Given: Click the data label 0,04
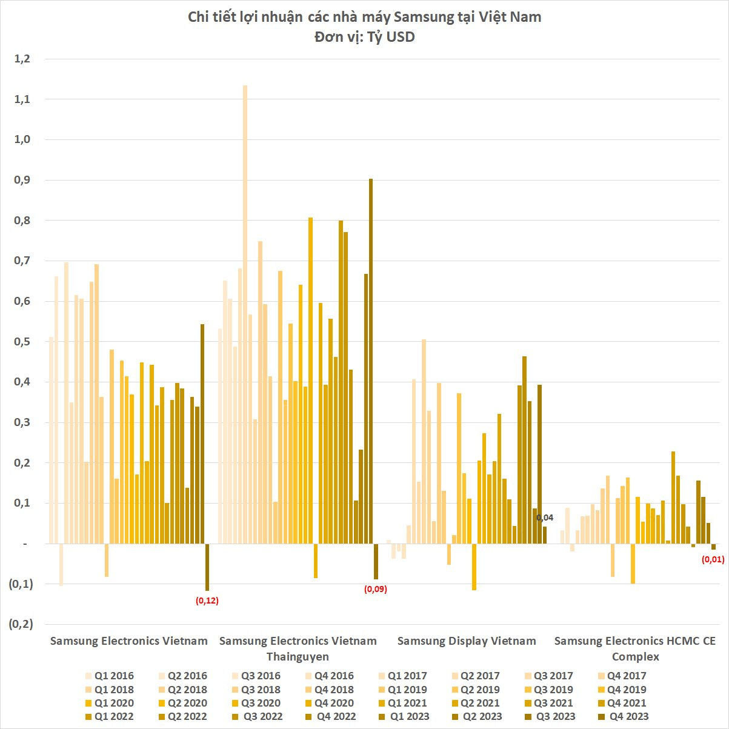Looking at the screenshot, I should tap(545, 518).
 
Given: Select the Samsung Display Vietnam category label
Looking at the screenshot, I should tap(467, 641).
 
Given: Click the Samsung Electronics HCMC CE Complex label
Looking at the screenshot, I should tap(635, 648).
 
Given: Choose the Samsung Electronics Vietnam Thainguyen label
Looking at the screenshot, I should tap(298, 648).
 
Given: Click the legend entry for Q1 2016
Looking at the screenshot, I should tap(109, 676).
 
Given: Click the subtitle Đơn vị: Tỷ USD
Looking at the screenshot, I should tap(364, 37).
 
